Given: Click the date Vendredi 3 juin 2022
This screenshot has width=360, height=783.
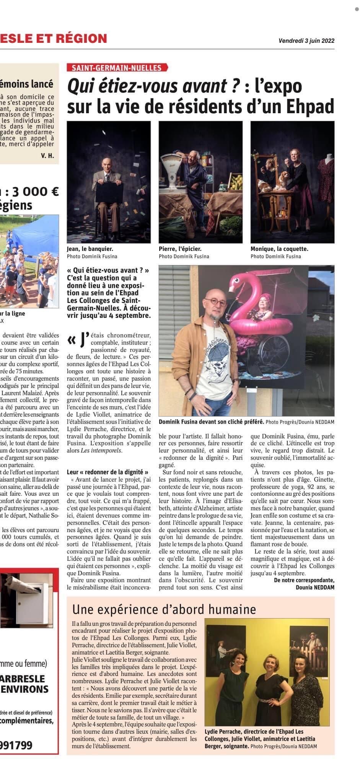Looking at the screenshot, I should click(x=306, y=42).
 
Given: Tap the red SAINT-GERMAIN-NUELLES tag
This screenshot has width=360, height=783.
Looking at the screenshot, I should click(x=117, y=68).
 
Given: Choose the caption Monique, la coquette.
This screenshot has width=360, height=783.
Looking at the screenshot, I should click(x=279, y=249).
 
